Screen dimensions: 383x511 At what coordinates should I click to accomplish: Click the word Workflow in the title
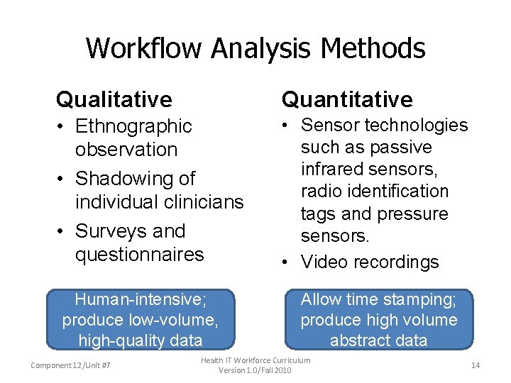tap(145, 48)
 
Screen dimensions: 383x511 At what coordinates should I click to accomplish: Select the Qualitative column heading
tap(114, 99)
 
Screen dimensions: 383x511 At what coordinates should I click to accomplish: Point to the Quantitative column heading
tap(347, 99)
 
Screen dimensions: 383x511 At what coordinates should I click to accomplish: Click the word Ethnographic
tap(133, 126)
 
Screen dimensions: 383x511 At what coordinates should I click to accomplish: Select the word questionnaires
tap(139, 254)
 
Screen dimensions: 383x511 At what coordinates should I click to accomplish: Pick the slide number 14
tap(475, 365)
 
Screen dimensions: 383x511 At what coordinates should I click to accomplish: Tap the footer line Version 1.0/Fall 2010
tap(255, 370)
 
